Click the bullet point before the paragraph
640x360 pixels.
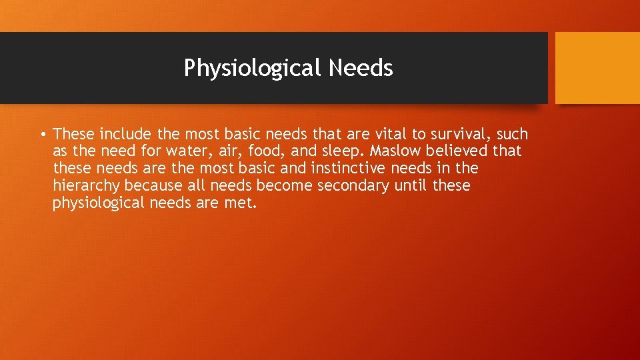coord(43,135)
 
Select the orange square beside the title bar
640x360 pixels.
coord(597,68)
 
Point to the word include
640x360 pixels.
coord(126,134)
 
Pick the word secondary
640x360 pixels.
coord(353,186)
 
